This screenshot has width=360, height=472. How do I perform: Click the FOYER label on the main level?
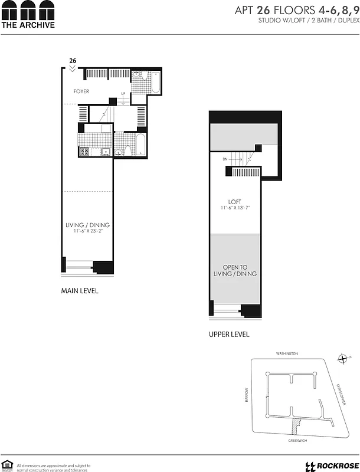coord(81,91)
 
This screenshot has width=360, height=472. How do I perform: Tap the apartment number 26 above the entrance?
coord(73,60)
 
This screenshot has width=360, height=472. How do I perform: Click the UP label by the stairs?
coord(123,94)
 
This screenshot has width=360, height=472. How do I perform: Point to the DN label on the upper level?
coord(225,159)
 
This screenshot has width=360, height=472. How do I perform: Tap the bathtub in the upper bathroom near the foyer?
coord(157,83)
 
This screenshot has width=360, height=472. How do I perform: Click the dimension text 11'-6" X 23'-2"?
coord(87,231)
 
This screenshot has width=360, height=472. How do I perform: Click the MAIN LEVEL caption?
coord(80,291)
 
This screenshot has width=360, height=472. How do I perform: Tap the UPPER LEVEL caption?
coord(229,334)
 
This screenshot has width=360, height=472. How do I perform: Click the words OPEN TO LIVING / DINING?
coord(235,271)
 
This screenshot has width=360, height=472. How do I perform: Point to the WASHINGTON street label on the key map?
coord(287,353)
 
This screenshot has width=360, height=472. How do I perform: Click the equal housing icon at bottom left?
coord(7,465)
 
